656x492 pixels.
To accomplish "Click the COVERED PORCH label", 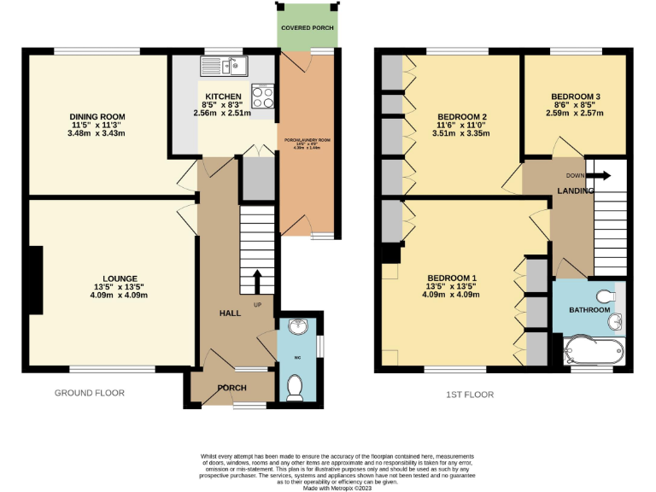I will [x=306, y=27].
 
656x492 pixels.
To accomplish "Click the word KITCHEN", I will [x=222, y=95].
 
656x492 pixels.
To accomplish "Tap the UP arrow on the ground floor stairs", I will [x=258, y=280].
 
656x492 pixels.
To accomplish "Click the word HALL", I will [x=231, y=313].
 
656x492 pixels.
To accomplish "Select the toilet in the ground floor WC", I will [x=296, y=387].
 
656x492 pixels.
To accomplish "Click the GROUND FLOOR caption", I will [x=90, y=394].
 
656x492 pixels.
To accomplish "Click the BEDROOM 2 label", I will [x=462, y=117].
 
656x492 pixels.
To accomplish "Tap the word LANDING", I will [x=576, y=190].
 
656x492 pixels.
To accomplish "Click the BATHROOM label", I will [x=589, y=309].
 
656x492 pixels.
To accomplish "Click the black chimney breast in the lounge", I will [x=36, y=280].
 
